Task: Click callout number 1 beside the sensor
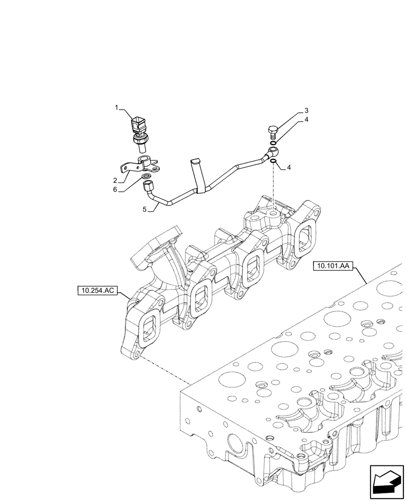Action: click(117, 107)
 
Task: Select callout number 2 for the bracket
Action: click(115, 180)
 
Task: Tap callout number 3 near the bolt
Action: click(306, 110)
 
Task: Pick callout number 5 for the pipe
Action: click(144, 210)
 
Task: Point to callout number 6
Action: click(115, 190)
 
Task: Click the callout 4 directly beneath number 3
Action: click(306, 120)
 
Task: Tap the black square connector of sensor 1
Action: click(139, 124)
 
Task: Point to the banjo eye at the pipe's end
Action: click(274, 149)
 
